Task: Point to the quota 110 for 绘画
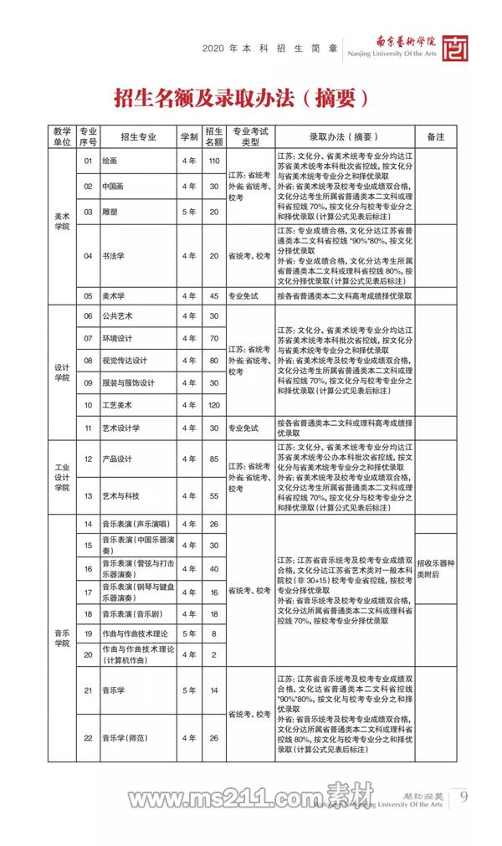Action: point(213,160)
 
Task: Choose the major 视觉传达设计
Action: point(124,361)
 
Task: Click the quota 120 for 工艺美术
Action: point(213,406)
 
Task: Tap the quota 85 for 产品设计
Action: point(213,459)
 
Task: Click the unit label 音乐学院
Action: point(62,638)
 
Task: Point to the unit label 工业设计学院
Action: point(62,477)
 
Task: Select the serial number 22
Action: point(87,738)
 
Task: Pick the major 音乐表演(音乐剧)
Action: point(134,613)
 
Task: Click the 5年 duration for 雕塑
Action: point(188,212)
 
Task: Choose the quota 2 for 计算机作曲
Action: point(213,654)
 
